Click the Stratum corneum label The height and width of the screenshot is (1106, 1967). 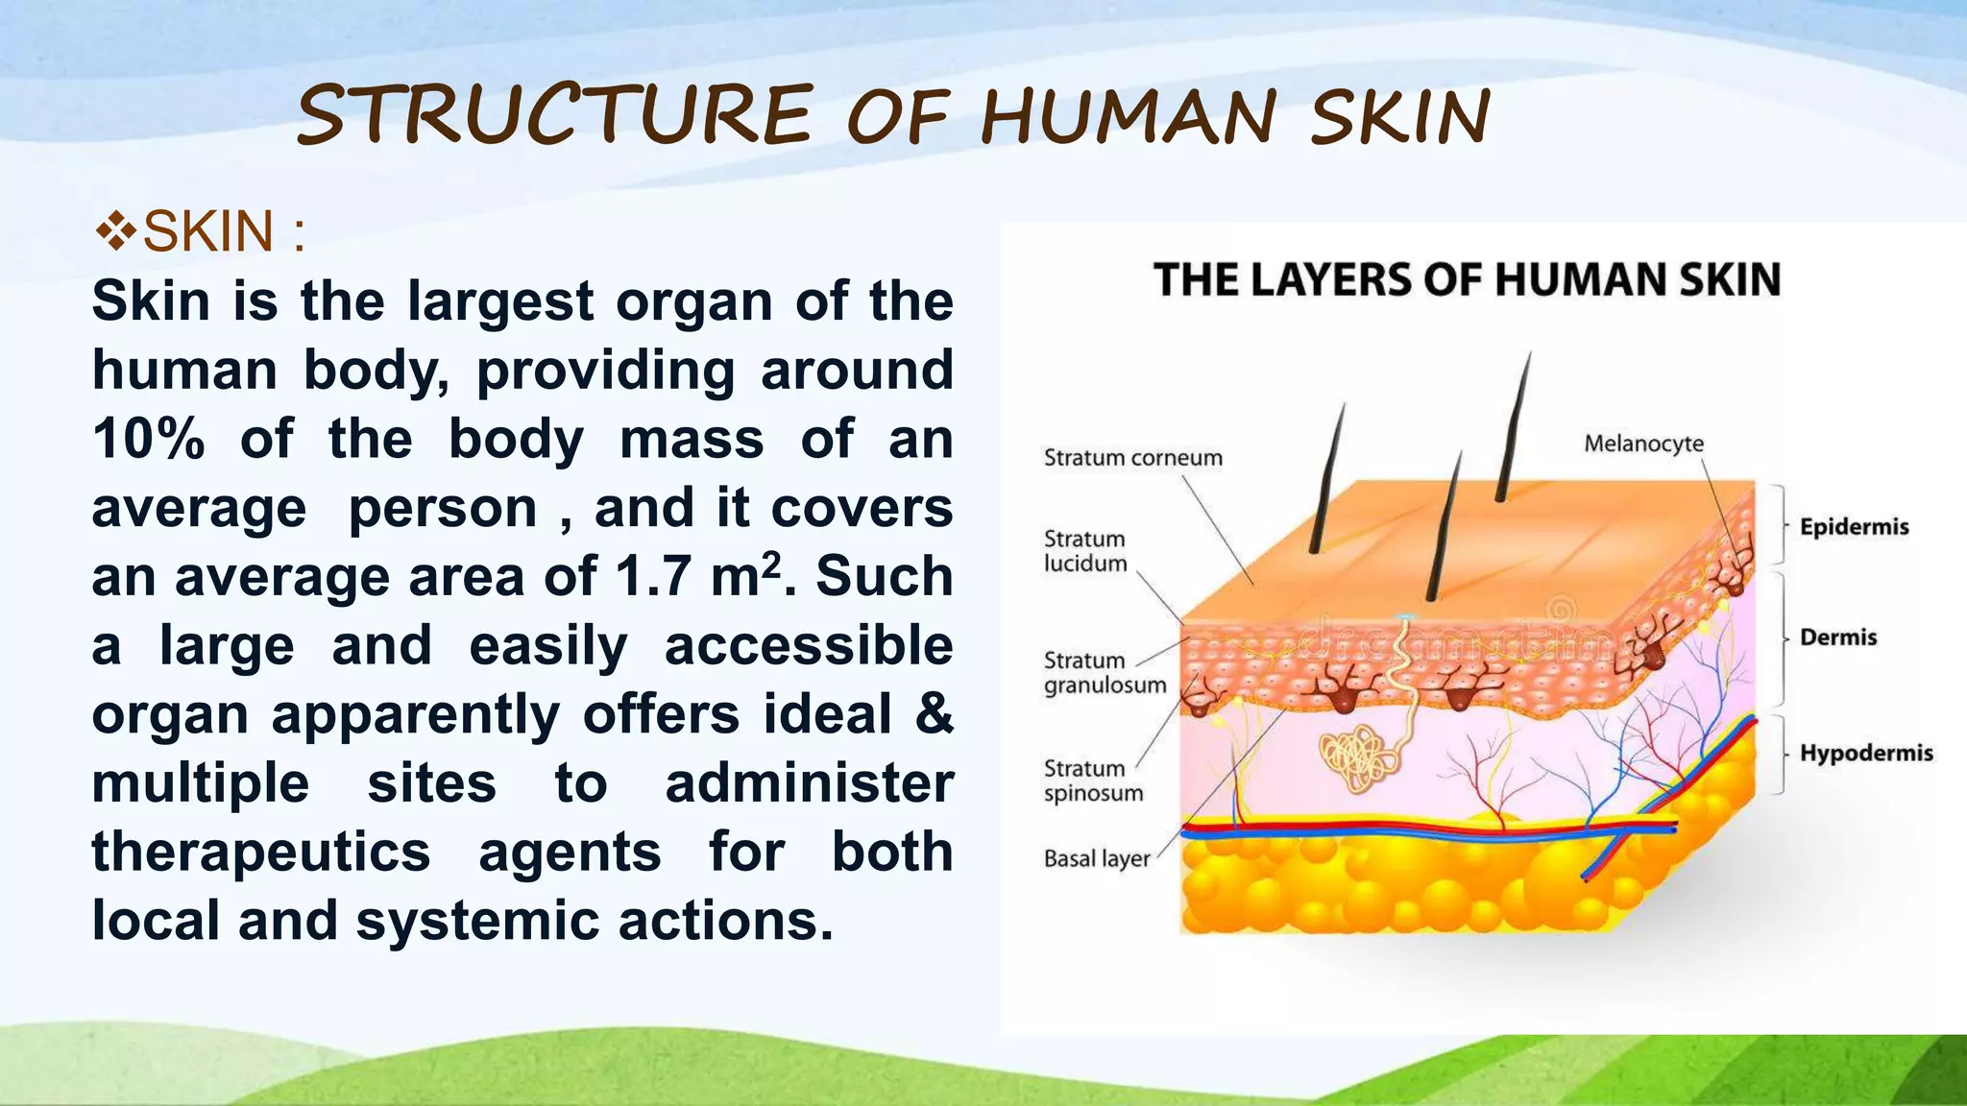(x=1132, y=458)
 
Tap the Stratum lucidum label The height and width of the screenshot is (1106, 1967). (x=1085, y=551)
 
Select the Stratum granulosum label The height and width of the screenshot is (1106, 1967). (x=1105, y=673)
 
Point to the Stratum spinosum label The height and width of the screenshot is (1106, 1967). (x=1093, y=781)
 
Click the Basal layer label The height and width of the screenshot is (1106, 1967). (x=1096, y=858)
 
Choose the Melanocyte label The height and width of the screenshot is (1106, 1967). (x=1643, y=444)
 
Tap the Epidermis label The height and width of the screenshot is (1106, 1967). (x=1854, y=527)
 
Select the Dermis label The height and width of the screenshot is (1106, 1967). (x=1837, y=637)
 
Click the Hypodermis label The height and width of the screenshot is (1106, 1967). (x=1865, y=753)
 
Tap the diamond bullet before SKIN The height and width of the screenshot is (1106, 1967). (x=116, y=231)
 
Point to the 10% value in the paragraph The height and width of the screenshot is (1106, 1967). (x=149, y=440)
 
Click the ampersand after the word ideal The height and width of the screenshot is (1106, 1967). (x=934, y=714)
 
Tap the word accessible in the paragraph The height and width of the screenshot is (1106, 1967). (x=808, y=645)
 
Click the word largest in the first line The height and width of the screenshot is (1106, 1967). (x=500, y=301)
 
